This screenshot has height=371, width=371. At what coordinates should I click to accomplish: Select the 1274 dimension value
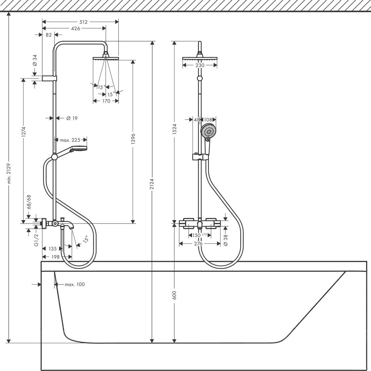coord(23,132)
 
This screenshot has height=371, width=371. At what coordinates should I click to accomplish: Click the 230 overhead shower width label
coord(200,65)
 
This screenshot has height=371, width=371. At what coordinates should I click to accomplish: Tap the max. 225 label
coord(70,140)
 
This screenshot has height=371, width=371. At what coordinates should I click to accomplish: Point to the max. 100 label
coord(75,284)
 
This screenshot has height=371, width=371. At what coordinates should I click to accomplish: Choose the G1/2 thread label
coord(37,240)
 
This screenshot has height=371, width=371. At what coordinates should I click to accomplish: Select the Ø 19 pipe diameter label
coord(71,118)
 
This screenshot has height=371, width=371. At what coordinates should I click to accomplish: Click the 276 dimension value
coord(198,244)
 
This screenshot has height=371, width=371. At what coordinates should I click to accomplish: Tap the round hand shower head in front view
coord(208,131)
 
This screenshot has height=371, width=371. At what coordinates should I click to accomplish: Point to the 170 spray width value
coord(106,101)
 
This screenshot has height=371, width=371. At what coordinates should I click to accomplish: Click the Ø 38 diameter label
coord(225,240)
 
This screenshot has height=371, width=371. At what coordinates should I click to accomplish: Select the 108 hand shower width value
coord(208,119)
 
